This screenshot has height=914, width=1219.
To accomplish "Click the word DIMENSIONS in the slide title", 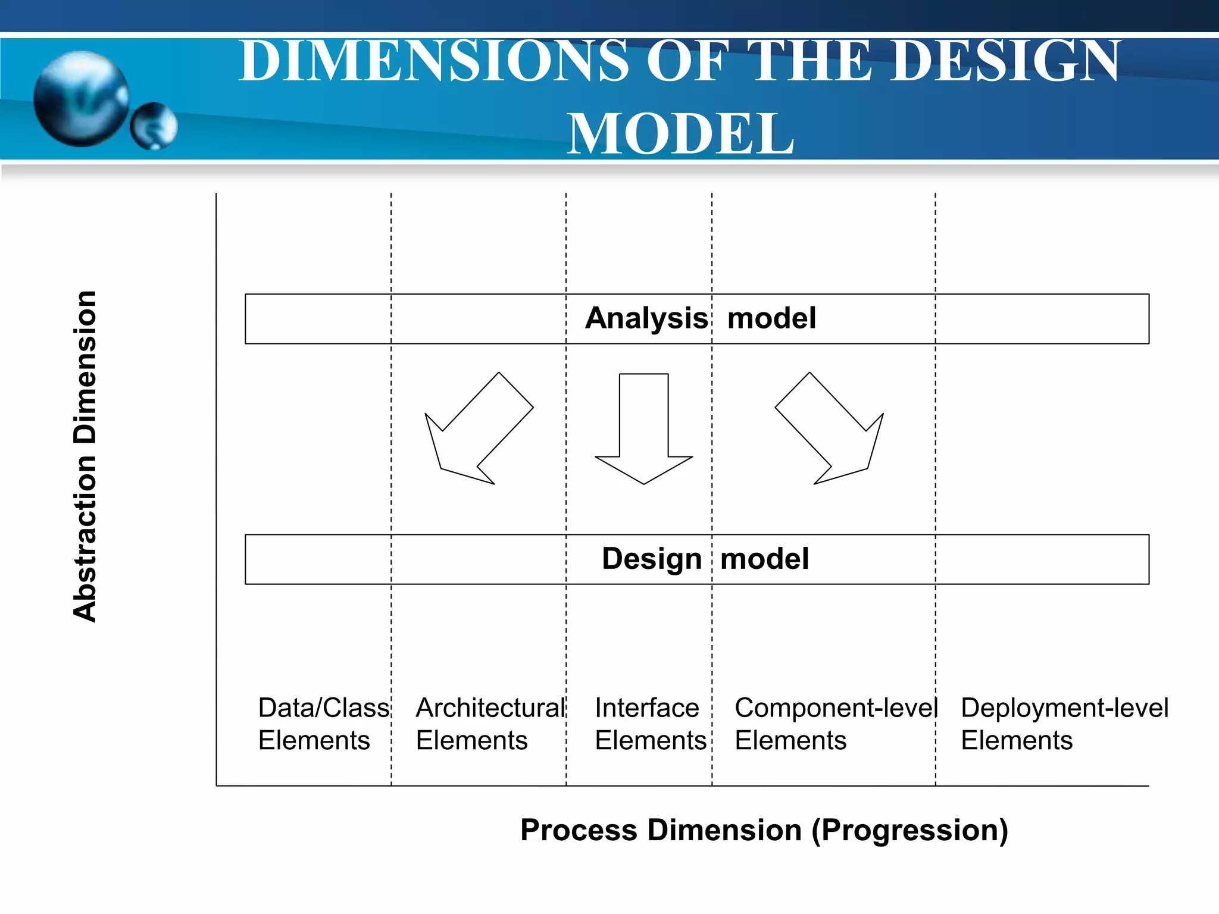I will [x=433, y=61].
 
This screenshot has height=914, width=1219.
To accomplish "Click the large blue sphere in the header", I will [x=81, y=98].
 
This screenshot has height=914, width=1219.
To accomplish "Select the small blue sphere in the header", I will [x=154, y=126].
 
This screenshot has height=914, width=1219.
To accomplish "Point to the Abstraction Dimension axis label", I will [x=85, y=456].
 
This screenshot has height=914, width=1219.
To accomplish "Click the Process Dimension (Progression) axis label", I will [x=764, y=830].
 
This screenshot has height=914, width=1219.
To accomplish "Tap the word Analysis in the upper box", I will [x=646, y=318].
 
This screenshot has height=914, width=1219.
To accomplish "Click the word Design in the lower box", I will [x=652, y=559].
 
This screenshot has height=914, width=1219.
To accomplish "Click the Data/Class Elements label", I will [x=323, y=724].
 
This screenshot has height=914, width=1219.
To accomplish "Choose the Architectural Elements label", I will [x=489, y=724].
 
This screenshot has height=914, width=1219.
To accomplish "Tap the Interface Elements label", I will [x=649, y=724].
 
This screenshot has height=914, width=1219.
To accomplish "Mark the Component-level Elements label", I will [x=835, y=724].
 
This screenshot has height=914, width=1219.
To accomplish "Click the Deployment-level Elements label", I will [x=1064, y=724].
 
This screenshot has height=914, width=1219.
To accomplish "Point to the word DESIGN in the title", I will [x=1006, y=61].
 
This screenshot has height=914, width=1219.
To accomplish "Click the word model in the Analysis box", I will [x=771, y=318].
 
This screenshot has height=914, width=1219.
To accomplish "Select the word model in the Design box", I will [x=764, y=559].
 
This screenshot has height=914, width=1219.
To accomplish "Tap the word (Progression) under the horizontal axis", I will [x=909, y=830].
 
